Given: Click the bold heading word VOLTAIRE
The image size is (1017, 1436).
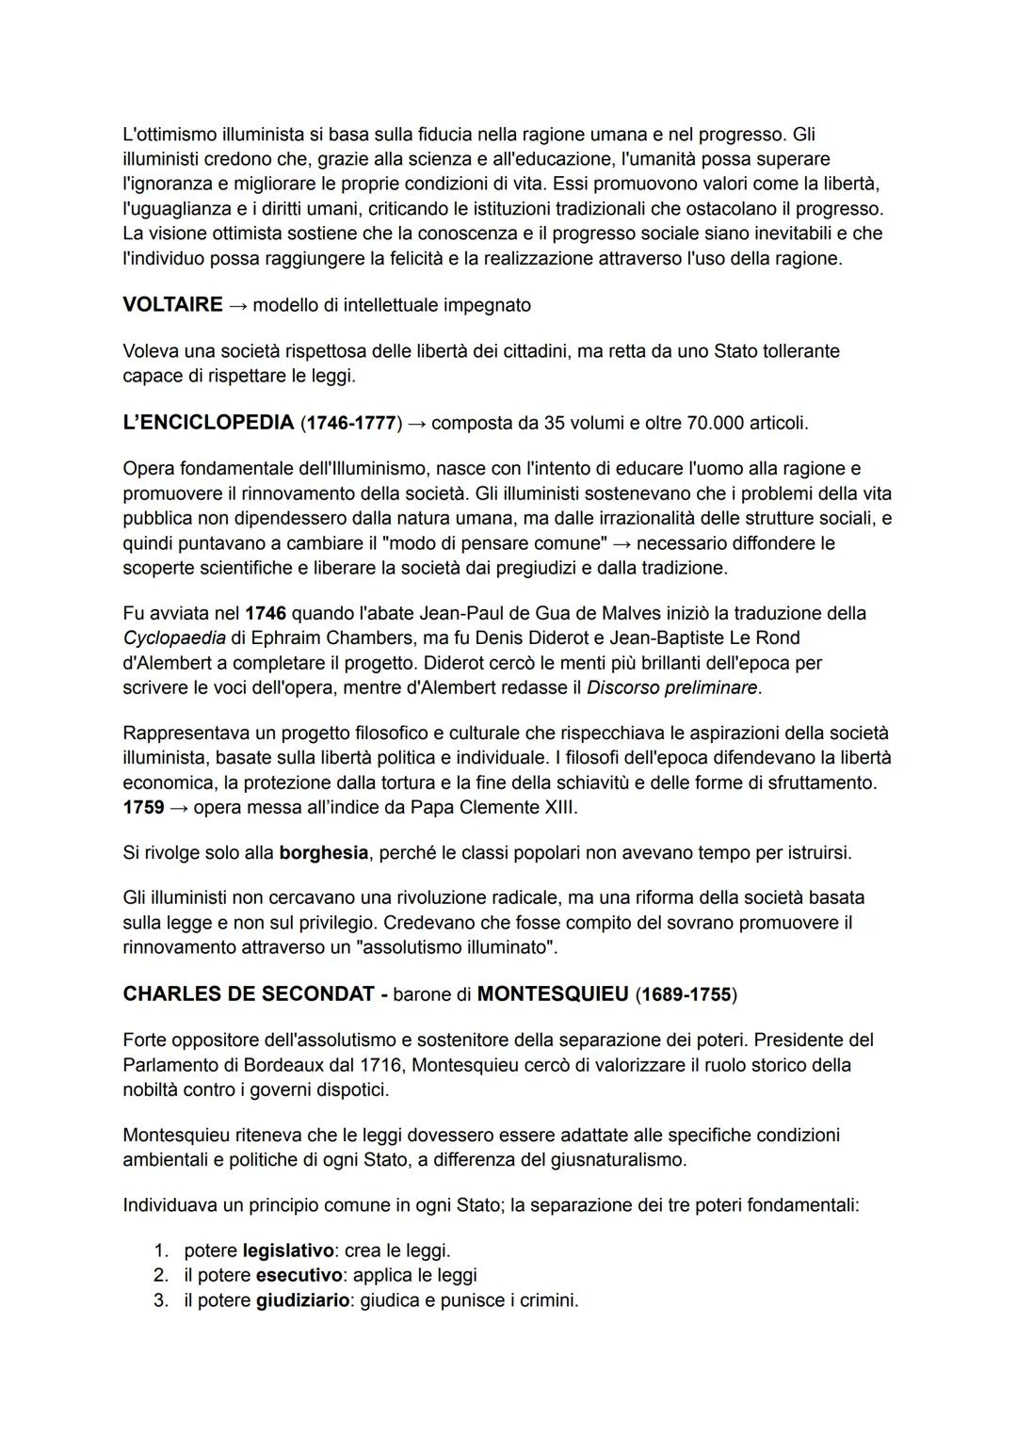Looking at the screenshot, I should click(172, 305).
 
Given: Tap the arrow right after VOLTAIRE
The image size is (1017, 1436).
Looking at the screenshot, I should click(237, 305).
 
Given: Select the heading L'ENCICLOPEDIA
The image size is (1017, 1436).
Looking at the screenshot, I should click(208, 423).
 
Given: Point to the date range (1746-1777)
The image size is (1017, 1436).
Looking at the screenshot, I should click(351, 423).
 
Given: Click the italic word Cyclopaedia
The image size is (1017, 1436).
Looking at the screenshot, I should click(174, 637).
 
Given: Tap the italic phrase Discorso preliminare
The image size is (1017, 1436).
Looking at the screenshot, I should click(671, 687).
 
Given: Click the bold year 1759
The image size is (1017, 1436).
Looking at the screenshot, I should click(143, 807).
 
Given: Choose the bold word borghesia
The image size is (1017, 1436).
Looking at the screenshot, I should click(323, 852).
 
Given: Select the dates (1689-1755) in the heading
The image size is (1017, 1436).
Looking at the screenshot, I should click(686, 994).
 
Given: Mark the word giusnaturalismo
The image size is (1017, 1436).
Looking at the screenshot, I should click(603, 1159).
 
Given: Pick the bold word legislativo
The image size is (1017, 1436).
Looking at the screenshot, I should click(288, 1250).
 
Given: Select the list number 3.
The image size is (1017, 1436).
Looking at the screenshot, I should click(161, 1300).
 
